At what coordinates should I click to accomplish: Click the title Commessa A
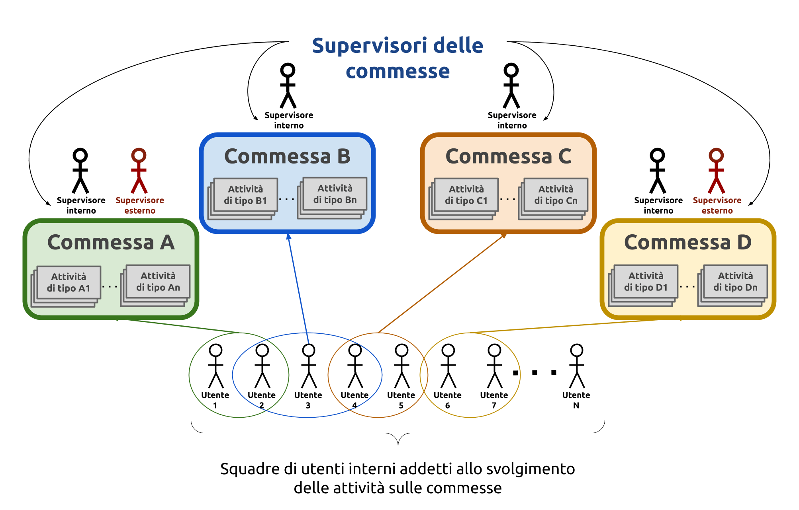pyautogui.click(x=111, y=242)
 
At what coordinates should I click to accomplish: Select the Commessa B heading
pyautogui.click(x=287, y=156)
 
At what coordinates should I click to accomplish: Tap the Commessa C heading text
pyautogui.click(x=509, y=156)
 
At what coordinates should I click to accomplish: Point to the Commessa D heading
pyautogui.click(x=688, y=242)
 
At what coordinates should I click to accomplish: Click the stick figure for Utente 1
pyautogui.click(x=216, y=366)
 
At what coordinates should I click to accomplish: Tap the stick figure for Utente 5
pyautogui.click(x=401, y=366)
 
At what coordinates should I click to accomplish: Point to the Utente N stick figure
pyautogui.click(x=577, y=366)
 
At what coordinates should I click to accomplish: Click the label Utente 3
pyautogui.click(x=308, y=400)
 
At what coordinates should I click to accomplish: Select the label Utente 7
pyautogui.click(x=494, y=400)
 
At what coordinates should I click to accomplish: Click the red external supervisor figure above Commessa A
pyautogui.click(x=139, y=171)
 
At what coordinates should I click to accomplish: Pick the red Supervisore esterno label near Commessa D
pyautogui.click(x=717, y=205)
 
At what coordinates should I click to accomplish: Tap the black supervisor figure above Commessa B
pyautogui.click(x=288, y=86)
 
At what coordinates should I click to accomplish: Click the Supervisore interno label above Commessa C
pyautogui.click(x=512, y=120)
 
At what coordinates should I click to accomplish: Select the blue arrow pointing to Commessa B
pyautogui.click(x=298, y=288)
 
